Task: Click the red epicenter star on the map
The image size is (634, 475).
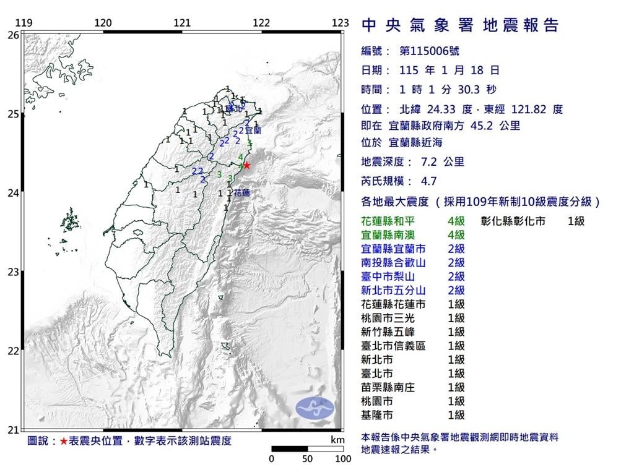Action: tap(246, 165)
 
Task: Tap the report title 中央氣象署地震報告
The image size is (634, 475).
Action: tap(459, 25)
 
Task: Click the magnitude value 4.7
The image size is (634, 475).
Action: tap(428, 181)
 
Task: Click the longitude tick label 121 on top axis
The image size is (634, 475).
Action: tap(182, 23)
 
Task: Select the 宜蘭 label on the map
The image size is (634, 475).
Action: tap(253, 131)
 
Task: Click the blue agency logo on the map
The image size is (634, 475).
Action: tap(315, 407)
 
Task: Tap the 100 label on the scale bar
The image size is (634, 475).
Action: tap(343, 459)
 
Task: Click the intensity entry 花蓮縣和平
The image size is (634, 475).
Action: tap(393, 221)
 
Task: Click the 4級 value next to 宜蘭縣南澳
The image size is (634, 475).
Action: tap(456, 234)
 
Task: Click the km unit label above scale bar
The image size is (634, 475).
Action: tap(337, 440)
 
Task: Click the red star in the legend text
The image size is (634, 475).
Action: tap(64, 441)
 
